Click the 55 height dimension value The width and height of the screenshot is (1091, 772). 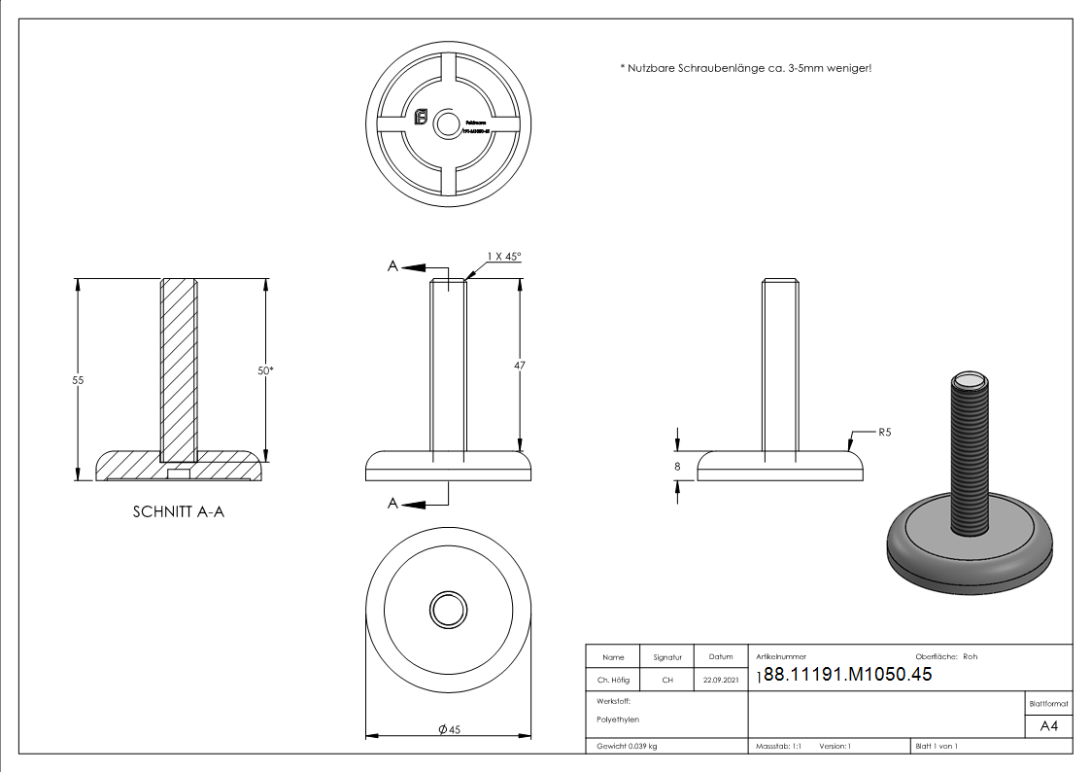pos(78,380)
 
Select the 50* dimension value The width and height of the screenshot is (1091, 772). pos(264,370)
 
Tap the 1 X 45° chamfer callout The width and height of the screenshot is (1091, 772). pos(504,257)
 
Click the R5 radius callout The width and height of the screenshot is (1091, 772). pos(884,431)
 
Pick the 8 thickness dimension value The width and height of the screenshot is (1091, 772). pos(677,467)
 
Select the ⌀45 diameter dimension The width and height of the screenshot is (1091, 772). pos(448,729)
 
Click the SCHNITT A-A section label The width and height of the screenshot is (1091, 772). pos(178,511)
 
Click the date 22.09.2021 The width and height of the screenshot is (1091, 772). pos(720,681)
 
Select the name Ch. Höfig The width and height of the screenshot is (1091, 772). pos(613,681)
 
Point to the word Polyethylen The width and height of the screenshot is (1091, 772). pos(619,719)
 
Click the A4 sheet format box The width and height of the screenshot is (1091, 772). pos(1048,726)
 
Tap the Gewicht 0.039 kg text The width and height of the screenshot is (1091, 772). pos(627,746)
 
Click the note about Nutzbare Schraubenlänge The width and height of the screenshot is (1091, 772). pos(745,68)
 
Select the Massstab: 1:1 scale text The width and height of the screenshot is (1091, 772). pos(777,746)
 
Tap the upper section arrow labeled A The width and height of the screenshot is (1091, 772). pos(394,266)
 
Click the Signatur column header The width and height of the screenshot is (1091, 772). pos(667,657)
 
